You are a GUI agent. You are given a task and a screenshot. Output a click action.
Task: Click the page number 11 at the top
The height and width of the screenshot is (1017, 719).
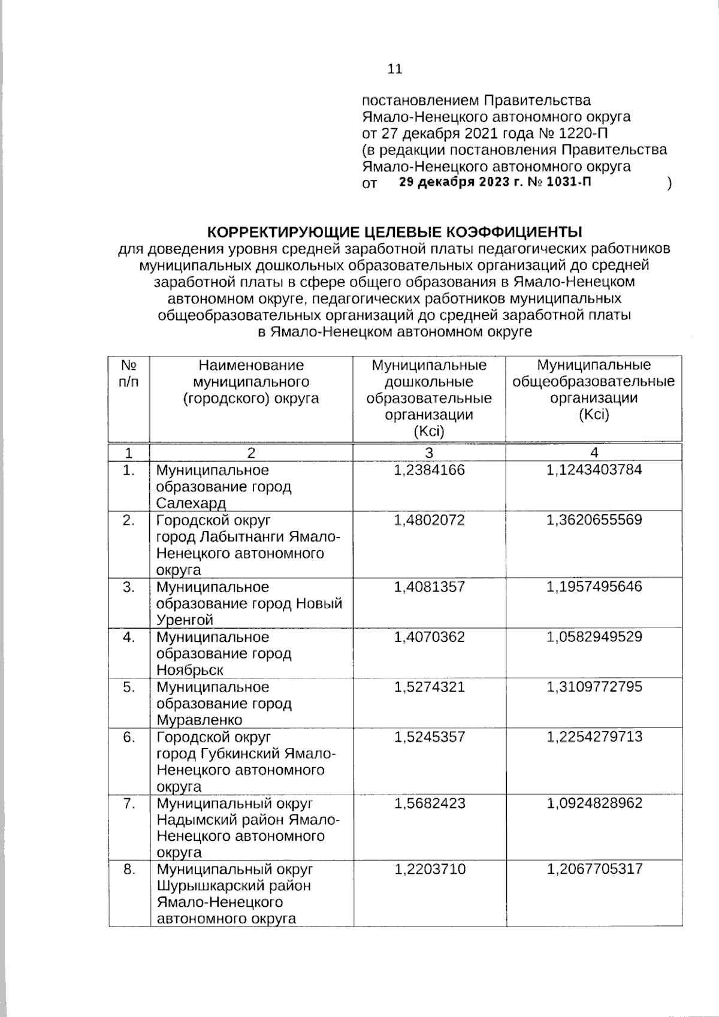point(395,69)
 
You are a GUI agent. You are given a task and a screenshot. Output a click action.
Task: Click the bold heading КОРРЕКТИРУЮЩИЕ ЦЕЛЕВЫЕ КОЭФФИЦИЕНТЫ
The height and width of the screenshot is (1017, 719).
point(395,232)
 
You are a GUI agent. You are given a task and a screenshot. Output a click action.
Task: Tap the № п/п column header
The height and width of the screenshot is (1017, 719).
point(129,373)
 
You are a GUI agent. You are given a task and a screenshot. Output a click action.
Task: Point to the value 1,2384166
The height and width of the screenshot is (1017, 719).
point(429,470)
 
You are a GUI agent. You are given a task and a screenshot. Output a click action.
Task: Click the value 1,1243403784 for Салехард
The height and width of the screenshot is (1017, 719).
point(594,470)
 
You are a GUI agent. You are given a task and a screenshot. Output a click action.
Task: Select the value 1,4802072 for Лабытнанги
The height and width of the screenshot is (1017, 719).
point(429,520)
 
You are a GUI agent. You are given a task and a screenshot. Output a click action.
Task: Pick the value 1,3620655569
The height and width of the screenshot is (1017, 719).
point(594,520)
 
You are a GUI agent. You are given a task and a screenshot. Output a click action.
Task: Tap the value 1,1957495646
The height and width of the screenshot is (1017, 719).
point(594,587)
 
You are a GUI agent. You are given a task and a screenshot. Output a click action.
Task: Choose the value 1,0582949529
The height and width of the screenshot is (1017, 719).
point(594,636)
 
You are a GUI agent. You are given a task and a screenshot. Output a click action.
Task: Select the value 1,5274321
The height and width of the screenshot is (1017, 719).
point(429,687)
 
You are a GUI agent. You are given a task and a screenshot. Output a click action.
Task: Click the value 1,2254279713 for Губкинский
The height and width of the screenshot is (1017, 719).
point(594,737)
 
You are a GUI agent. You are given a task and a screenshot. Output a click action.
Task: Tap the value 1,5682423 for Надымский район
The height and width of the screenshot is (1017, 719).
point(429,803)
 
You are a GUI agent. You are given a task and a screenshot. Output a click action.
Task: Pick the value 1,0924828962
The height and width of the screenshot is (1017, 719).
point(594,803)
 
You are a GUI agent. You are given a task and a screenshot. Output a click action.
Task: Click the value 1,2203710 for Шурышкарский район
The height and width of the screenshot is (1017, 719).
point(429,869)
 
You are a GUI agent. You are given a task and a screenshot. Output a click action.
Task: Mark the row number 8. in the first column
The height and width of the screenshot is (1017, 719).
point(129,869)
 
